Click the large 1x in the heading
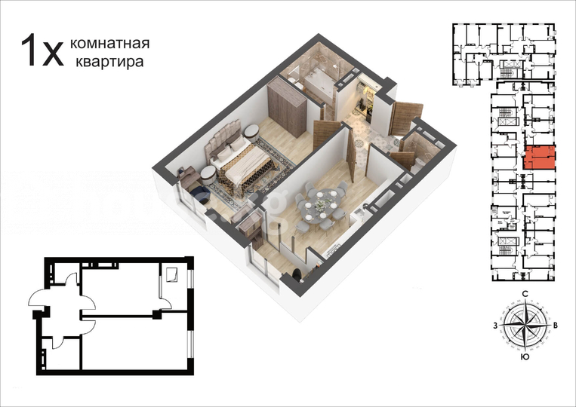click(42, 51)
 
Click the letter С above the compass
click(524, 295)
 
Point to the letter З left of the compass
click(495, 326)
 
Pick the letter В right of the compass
click(556, 326)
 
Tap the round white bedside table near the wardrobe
click(250, 134)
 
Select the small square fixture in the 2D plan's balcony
click(171, 275)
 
